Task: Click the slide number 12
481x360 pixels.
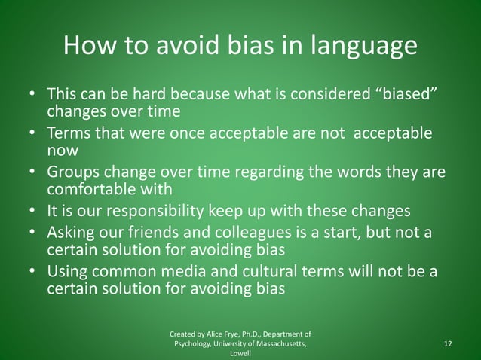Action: [449, 343]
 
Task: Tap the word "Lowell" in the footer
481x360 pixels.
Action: [240, 353]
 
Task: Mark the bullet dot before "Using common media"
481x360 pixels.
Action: [31, 271]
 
